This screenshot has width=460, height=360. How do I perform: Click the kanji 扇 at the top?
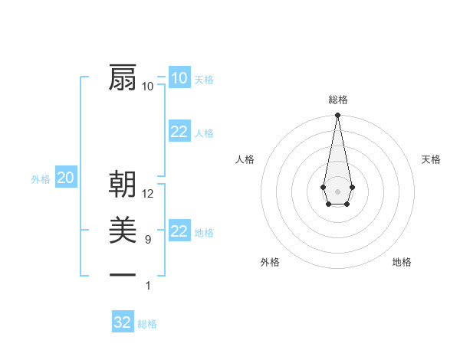(123, 77)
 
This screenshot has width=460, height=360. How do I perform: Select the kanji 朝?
(123, 185)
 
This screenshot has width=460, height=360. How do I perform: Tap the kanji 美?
(123, 230)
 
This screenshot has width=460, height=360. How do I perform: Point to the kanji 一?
(123, 274)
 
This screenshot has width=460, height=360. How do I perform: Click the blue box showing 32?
(123, 322)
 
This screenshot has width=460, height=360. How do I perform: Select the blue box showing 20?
(65, 178)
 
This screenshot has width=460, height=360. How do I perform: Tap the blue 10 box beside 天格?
(179, 77)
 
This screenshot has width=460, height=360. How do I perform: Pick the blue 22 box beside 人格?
(179, 132)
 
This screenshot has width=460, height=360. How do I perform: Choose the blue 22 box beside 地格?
(179, 231)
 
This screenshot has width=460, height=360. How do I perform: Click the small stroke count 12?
(148, 194)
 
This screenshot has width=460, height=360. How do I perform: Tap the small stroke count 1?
(147, 286)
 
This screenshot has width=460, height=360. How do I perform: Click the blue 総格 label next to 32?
(147, 324)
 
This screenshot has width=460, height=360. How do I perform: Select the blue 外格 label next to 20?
(41, 179)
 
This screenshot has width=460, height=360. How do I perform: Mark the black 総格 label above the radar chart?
(337, 100)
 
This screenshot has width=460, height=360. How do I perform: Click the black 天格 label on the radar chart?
(431, 159)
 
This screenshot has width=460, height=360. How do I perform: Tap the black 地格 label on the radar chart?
(402, 262)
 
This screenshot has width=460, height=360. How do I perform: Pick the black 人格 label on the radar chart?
(245, 159)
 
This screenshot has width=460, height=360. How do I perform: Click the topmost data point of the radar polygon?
(337, 115)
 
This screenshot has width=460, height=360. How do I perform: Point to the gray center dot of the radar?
(337, 190)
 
